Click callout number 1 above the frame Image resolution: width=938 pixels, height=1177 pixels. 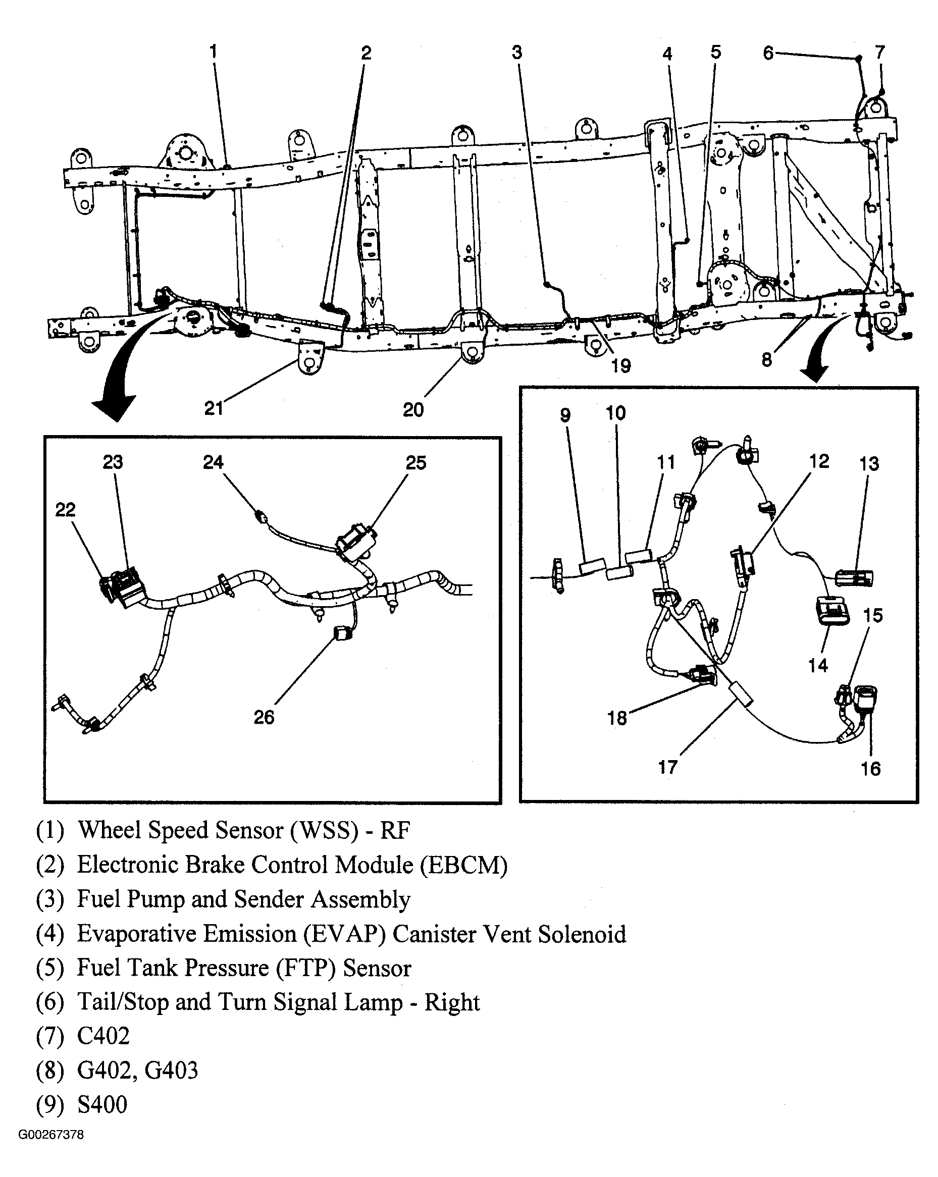pos(214,52)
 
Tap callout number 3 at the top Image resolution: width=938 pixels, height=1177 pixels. pos(516,52)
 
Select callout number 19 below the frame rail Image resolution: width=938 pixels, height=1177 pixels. pos(621,366)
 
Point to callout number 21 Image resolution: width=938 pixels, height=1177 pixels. pos(214,408)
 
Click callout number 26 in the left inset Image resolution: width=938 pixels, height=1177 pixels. pos(264,717)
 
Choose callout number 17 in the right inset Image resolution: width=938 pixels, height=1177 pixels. pos(667,767)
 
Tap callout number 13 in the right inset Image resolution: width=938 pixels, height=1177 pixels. pos(869,463)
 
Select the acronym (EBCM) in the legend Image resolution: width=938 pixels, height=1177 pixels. pos(463,865)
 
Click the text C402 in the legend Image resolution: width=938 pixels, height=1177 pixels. pos(103,1036)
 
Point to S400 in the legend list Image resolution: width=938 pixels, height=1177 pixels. pos(102,1104)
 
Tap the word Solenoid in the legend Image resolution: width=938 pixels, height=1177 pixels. pos(582,934)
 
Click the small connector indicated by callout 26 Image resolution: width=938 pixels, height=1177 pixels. pos(342,633)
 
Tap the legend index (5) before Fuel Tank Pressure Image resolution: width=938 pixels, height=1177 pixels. pos(49,968)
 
